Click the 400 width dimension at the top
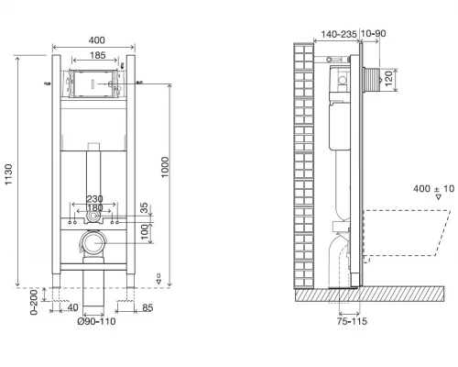(96, 40)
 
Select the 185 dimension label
(98, 55)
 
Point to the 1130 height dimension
(8, 174)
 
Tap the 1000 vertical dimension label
(165, 167)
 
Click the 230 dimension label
(94, 199)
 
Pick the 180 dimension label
(95, 208)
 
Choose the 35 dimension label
(144, 208)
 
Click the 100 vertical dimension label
(145, 232)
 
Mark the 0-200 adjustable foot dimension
(34, 302)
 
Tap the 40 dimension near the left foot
(72, 307)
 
